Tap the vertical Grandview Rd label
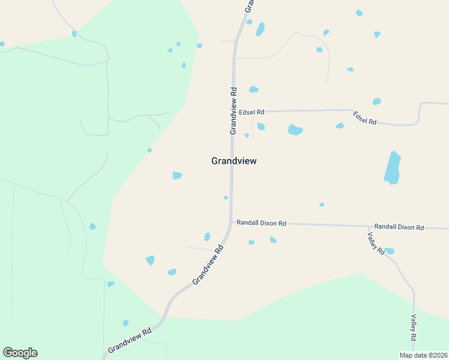click(234, 111)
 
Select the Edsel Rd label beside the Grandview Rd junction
click(252, 112)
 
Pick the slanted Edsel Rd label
click(364, 118)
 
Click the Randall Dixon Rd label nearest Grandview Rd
click(261, 223)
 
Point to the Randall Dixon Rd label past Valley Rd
click(399, 227)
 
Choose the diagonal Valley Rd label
click(376, 242)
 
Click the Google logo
click(20, 353)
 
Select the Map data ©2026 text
click(423, 355)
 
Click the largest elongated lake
click(392, 167)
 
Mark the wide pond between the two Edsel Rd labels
click(295, 130)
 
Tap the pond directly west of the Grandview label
click(177, 175)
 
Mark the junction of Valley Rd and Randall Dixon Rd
click(368, 226)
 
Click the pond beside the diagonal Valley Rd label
click(389, 251)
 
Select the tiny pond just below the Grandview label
click(226, 197)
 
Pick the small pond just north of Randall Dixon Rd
click(322, 205)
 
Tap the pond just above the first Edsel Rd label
click(253, 89)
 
